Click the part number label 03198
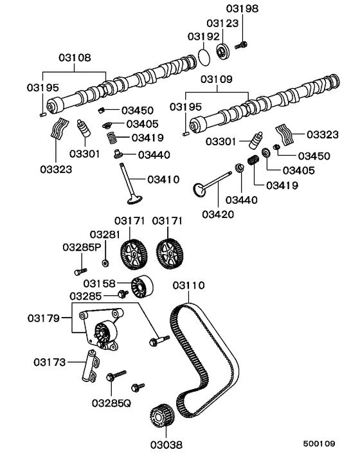(242, 8)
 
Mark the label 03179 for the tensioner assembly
(44, 318)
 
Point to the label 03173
(50, 363)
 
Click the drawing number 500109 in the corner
(319, 444)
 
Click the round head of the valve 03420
(200, 190)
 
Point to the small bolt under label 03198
(242, 45)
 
